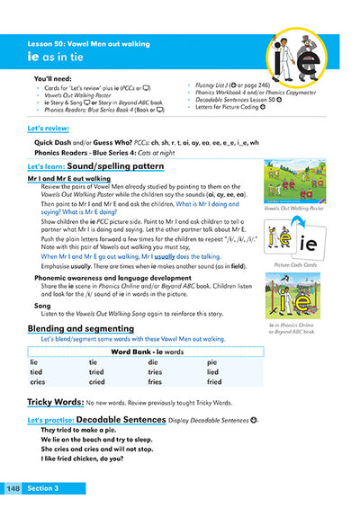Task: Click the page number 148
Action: point(13,488)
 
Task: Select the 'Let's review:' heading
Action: point(49,129)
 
